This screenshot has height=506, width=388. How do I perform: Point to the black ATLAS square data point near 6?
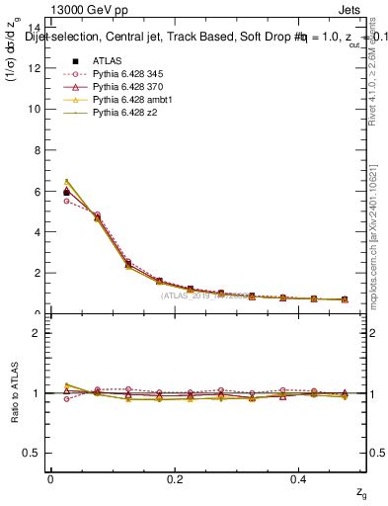pos(66,191)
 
